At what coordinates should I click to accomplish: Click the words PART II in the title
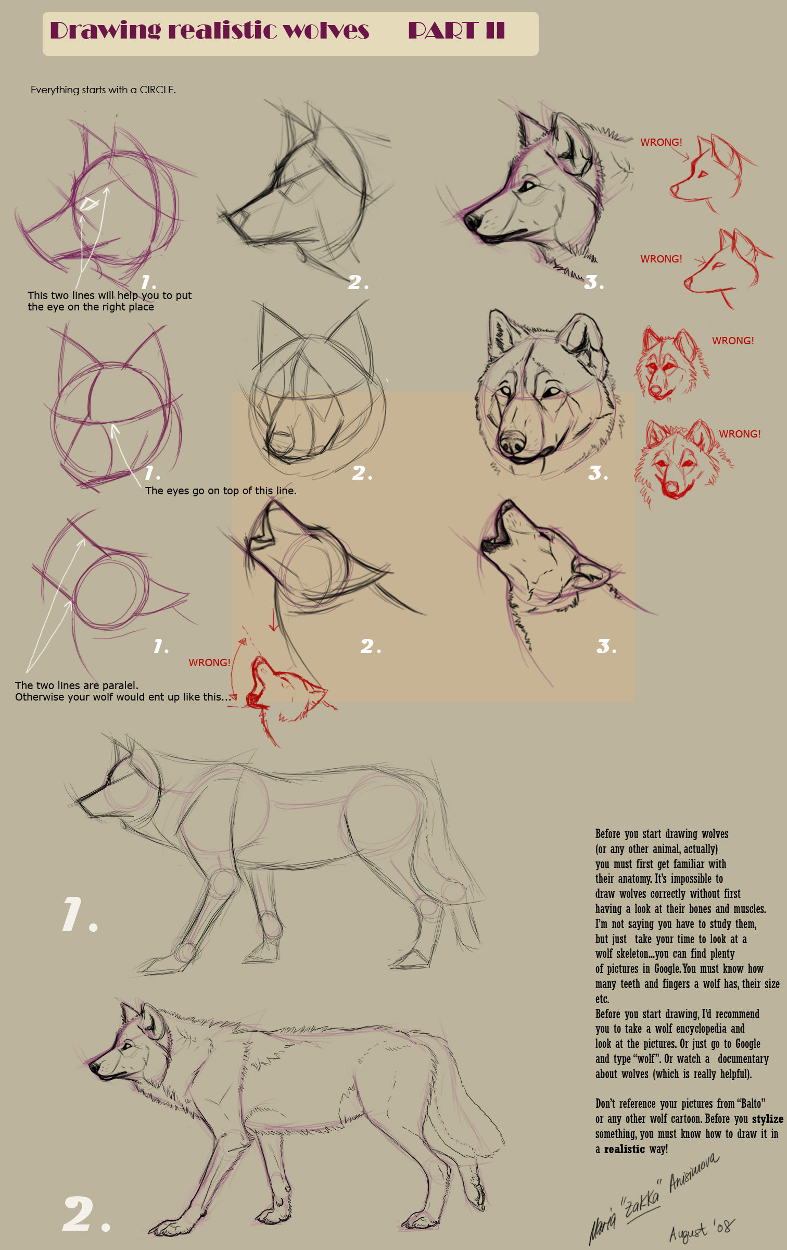(456, 30)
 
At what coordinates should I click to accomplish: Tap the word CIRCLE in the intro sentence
(157, 90)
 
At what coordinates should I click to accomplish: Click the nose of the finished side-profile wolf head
(472, 221)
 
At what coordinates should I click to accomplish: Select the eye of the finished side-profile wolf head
(529, 185)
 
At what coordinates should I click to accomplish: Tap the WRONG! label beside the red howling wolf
(209, 662)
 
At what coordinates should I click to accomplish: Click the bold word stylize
(767, 1119)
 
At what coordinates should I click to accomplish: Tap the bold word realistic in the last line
(624, 1149)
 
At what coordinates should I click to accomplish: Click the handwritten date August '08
(701, 1230)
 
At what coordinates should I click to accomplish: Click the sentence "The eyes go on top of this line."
(221, 491)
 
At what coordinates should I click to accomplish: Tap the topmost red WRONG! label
(661, 142)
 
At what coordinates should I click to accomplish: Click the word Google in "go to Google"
(747, 1044)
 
